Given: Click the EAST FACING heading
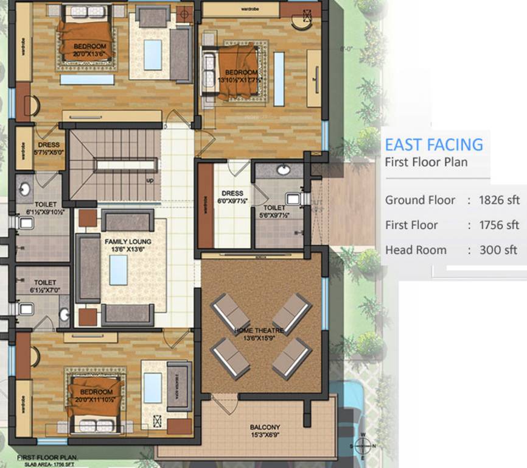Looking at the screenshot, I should pyautogui.click(x=434, y=144).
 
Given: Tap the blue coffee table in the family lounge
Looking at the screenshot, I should pyautogui.click(x=118, y=270).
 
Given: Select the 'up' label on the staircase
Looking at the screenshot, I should pyautogui.click(x=150, y=181).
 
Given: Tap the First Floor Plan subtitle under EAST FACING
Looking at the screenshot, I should pyautogui.click(x=426, y=162).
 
